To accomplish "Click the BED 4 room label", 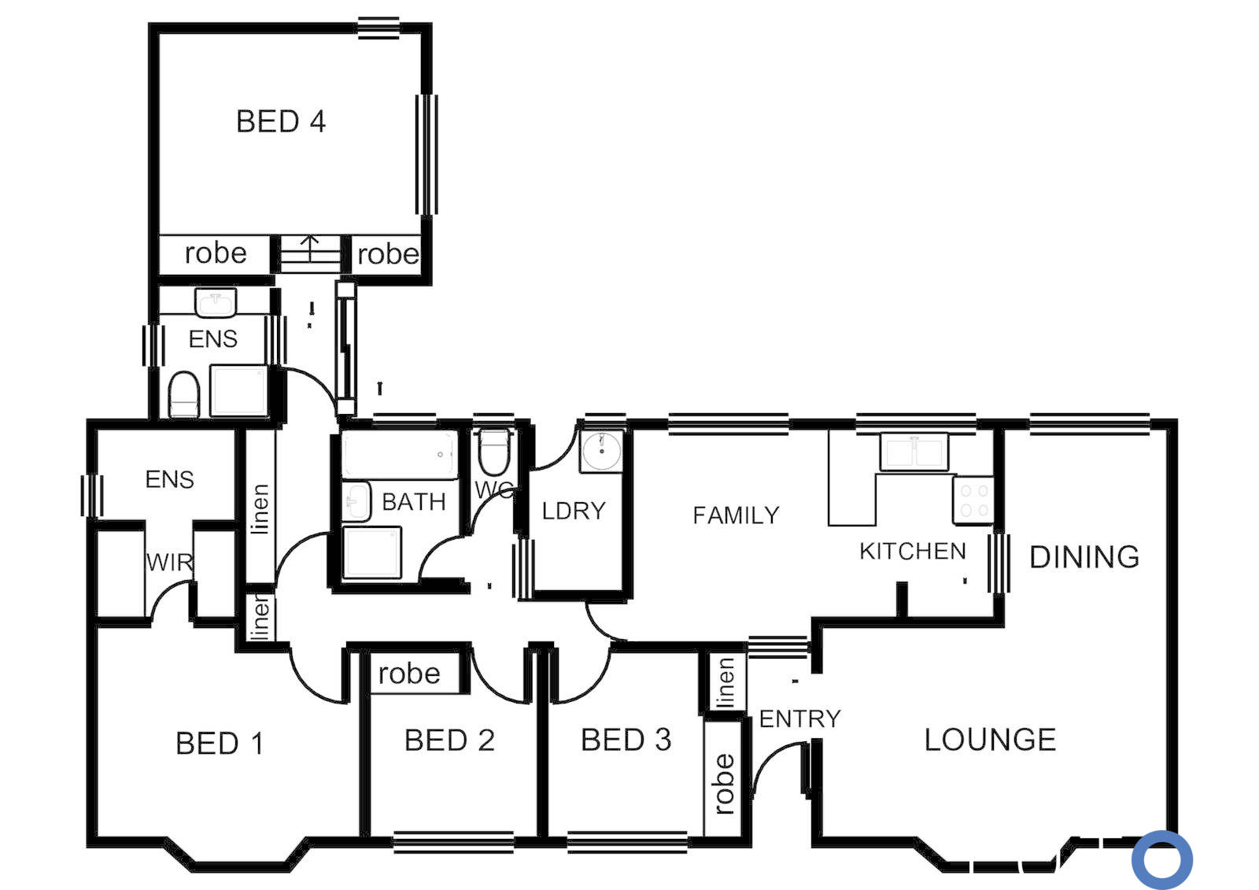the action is [280, 121].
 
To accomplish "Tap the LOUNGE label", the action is [990, 740].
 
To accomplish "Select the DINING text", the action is [1084, 557].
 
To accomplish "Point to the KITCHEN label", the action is [913, 552].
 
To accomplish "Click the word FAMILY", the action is [737, 515].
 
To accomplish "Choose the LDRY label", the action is [574, 511].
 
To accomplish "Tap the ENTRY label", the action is [799, 718].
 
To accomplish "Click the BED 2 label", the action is [449, 740].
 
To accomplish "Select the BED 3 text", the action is [626, 740].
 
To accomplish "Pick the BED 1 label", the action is [220, 744].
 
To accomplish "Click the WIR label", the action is [169, 562].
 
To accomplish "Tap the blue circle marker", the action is [1161, 860].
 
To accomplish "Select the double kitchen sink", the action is [914, 452].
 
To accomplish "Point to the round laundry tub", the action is [602, 452].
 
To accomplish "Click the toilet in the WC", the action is [494, 452].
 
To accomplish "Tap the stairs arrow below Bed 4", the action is [310, 248].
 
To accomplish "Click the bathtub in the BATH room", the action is [400, 455].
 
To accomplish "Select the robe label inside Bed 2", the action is [408, 673].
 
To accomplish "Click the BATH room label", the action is [414, 501].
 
